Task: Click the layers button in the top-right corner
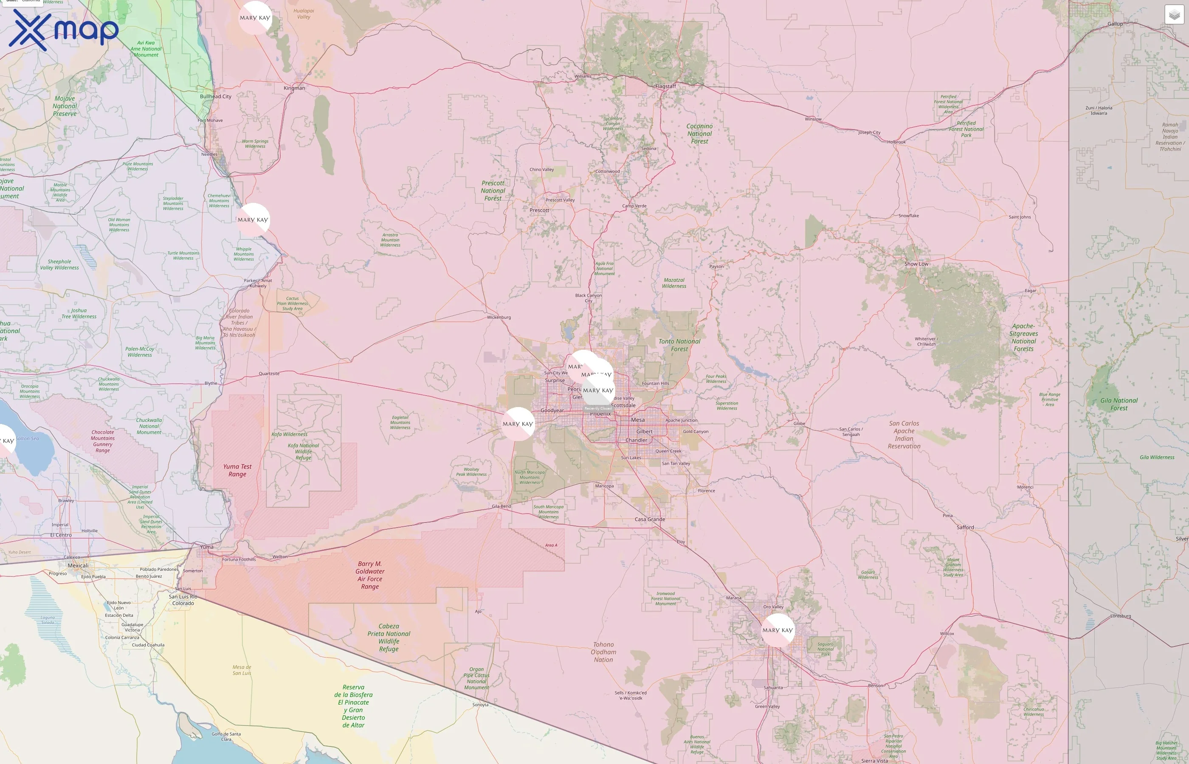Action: click(1174, 15)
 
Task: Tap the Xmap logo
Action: click(64, 30)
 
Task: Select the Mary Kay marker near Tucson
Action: click(777, 630)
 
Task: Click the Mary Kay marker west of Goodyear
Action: click(518, 424)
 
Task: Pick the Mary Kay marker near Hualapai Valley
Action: click(255, 17)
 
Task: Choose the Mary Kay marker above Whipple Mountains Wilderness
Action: click(253, 219)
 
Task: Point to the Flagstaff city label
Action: click(665, 86)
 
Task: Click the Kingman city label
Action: click(294, 88)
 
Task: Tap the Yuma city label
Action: click(206, 547)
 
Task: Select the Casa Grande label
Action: click(650, 520)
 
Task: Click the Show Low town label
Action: click(916, 264)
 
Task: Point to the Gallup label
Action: click(1115, 24)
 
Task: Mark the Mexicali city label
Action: click(78, 565)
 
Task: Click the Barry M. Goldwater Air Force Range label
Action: click(370, 575)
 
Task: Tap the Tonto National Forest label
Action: click(679, 345)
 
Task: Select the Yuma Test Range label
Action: click(237, 470)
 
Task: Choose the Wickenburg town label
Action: click(499, 317)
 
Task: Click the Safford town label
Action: click(965, 527)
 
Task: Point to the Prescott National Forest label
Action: click(493, 191)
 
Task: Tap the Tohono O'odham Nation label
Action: click(603, 652)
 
